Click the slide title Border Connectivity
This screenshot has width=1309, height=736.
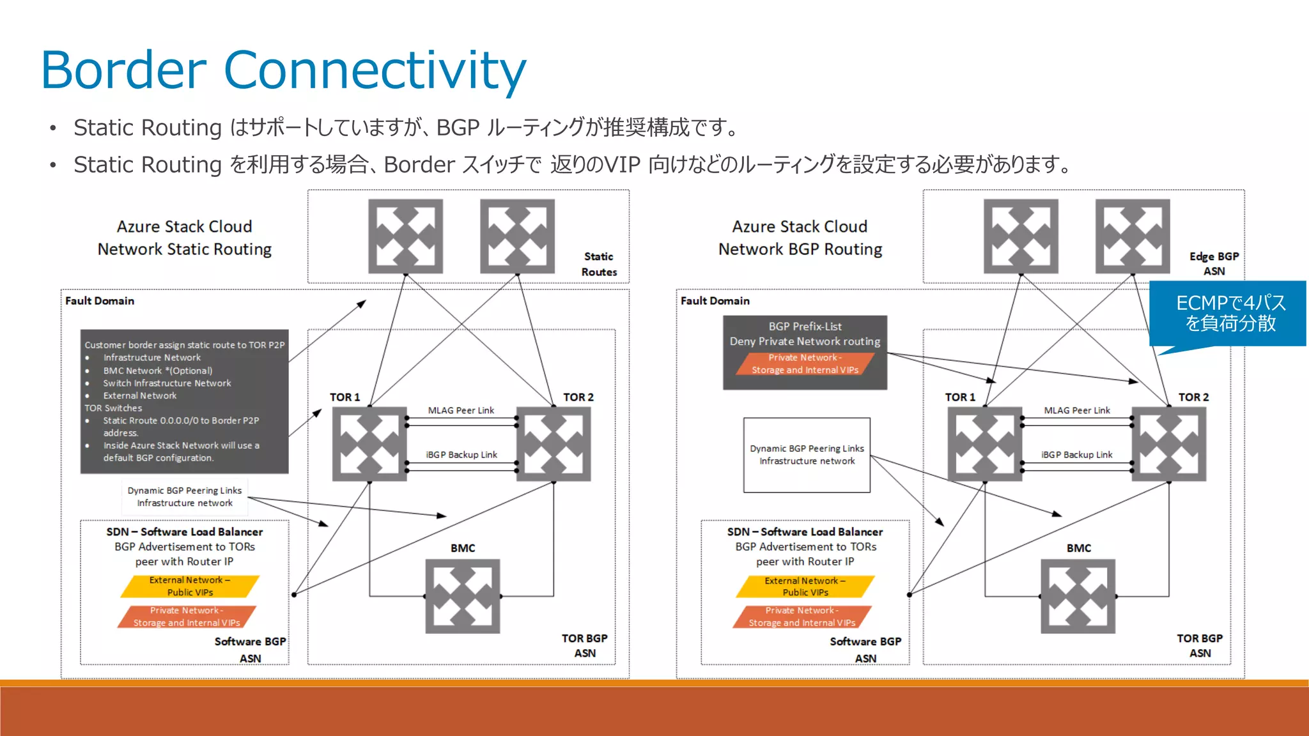(283, 70)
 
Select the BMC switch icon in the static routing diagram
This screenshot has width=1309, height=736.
(463, 597)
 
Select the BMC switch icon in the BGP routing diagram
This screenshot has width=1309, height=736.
(1078, 597)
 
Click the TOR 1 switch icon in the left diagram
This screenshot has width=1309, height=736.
(369, 444)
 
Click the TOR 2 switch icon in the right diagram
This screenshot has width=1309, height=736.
(1168, 444)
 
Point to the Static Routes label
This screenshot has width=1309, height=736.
(599, 264)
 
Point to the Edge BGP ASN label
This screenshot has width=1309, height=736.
(1214, 263)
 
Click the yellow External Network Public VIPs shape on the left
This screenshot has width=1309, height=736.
(190, 586)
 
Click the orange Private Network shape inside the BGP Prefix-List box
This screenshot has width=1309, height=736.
(805, 364)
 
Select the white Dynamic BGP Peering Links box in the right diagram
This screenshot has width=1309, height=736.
(807, 455)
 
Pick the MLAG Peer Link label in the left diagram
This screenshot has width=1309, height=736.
(461, 410)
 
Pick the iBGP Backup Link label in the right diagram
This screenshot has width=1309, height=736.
(1076, 454)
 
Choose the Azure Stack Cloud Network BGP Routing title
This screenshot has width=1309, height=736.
(800, 238)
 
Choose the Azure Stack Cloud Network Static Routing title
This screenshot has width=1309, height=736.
(184, 238)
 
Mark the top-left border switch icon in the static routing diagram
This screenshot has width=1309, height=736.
(405, 236)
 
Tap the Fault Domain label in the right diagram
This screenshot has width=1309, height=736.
(715, 300)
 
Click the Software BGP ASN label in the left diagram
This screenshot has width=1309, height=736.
(250, 649)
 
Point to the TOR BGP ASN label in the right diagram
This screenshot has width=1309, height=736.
(1199, 645)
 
